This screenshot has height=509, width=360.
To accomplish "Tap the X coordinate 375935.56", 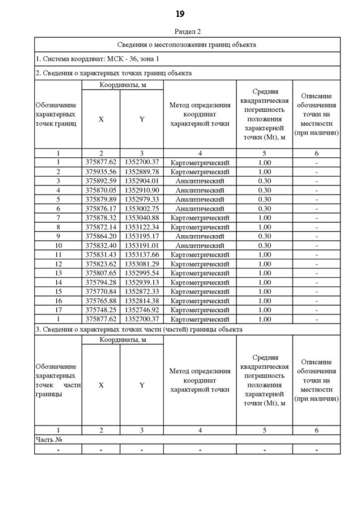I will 101,172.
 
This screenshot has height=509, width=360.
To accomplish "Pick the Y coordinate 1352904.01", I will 142,181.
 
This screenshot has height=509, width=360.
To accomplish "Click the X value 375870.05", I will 101,190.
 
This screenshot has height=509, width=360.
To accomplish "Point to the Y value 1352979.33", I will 142,199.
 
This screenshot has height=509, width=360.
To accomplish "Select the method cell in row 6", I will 200,208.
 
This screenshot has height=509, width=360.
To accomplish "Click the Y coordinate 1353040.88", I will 142,218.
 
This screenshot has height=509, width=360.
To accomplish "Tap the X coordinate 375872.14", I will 101,227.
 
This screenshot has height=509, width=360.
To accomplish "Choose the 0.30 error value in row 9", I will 264,236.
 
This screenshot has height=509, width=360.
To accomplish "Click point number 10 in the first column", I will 58,245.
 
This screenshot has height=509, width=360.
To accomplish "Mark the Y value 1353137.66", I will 142,254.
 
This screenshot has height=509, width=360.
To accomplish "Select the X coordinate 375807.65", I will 101,273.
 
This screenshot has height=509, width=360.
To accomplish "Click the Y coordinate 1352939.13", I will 142,282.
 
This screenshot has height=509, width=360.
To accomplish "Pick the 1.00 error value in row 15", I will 264,291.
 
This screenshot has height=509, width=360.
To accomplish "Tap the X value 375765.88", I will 101,300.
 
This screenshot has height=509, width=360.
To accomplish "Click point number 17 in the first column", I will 58,309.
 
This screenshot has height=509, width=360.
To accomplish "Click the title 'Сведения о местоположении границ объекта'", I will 187,44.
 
